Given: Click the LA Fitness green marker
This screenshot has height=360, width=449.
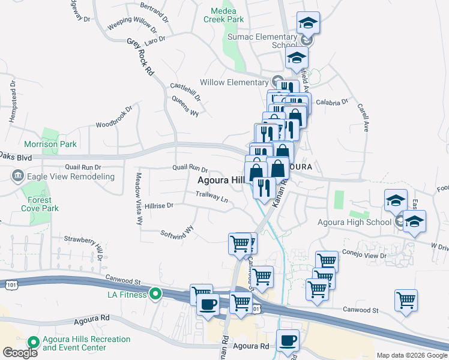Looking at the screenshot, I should [155, 294].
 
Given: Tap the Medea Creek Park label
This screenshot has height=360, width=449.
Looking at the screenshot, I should [228, 15].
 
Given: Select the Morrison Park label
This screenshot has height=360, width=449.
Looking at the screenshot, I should [50, 144].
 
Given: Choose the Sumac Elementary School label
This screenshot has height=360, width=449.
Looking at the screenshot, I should [262, 41].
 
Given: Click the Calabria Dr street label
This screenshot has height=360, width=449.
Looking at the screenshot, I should [331, 102].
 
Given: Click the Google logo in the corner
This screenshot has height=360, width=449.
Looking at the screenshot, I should [20, 353].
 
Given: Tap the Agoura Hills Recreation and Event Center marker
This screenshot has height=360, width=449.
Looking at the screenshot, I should [32, 343].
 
